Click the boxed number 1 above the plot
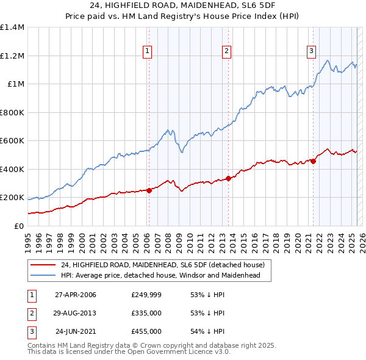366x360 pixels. coord(148,51)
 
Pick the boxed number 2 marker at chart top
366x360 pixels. coord(226,51)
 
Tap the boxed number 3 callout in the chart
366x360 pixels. coord(311,51)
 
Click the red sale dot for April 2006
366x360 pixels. coord(149,190)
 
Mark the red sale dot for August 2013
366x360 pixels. coord(228,179)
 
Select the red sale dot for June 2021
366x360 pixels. coord(313,162)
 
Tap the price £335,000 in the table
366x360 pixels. coord(146,313)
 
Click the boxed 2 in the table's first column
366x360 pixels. coord(31,313)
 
